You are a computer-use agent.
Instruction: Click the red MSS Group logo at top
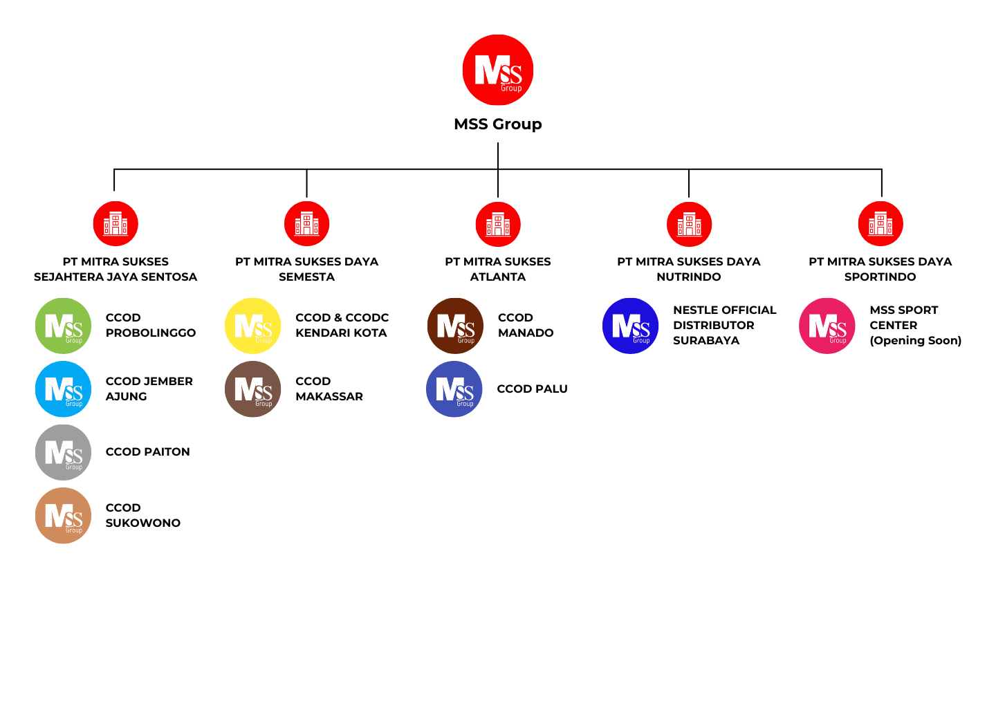[498, 70]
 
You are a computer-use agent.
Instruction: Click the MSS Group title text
[498, 124]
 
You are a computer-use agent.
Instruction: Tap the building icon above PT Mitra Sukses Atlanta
[498, 224]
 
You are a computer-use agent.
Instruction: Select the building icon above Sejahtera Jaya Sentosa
[116, 224]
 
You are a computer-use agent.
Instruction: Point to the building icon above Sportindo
[880, 224]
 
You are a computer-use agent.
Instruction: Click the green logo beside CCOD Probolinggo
[63, 326]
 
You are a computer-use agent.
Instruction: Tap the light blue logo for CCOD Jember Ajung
[63, 389]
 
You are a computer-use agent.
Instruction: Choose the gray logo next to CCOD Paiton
[63, 452]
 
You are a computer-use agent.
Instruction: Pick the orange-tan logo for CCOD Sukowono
[63, 516]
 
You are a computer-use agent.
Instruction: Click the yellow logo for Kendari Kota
[253, 326]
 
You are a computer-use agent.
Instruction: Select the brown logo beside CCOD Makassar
[253, 389]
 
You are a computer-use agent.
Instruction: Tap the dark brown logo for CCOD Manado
[455, 326]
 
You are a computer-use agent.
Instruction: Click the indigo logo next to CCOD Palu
[454, 389]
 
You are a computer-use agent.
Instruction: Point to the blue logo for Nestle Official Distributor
[631, 326]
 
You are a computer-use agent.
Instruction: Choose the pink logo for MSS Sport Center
[827, 326]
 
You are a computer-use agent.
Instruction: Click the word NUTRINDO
[689, 277]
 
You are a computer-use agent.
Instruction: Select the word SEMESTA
[306, 277]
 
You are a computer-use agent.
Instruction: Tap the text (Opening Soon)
[916, 340]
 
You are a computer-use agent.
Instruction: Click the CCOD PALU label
[532, 389]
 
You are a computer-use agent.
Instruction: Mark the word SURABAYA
[706, 340]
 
